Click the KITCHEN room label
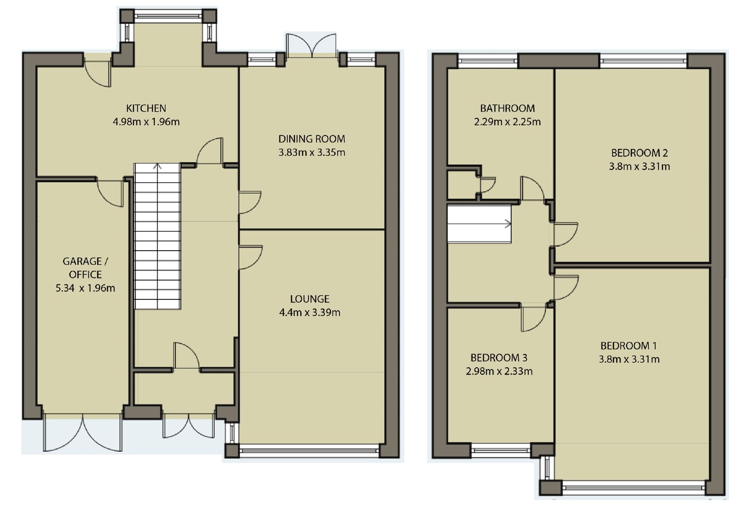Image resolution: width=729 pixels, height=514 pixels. pyautogui.click(x=146, y=108)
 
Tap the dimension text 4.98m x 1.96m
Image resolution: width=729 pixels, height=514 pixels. pyautogui.click(x=146, y=122)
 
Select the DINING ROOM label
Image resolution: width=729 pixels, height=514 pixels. pyautogui.click(x=312, y=139)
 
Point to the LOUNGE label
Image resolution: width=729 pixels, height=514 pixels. pyautogui.click(x=309, y=299)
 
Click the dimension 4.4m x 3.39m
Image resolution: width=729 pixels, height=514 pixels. pyautogui.click(x=309, y=313)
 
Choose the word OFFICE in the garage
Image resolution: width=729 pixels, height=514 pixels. pyautogui.click(x=85, y=275)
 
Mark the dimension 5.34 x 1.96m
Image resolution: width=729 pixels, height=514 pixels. pyautogui.click(x=85, y=288)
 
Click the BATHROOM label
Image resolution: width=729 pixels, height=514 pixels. pyautogui.click(x=508, y=108)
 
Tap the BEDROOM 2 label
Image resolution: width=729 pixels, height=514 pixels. pyautogui.click(x=640, y=153)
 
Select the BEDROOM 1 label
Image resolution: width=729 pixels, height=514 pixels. pyautogui.click(x=629, y=346)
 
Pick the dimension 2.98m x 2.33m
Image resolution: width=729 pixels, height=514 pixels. pyautogui.click(x=499, y=371)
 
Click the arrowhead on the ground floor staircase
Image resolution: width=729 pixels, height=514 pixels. pyautogui.click(x=158, y=166)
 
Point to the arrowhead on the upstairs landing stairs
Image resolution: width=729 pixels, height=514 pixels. pyautogui.click(x=508, y=224)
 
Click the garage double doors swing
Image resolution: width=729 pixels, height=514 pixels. pyautogui.click(x=82, y=432)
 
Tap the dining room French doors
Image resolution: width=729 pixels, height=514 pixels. pyautogui.click(x=312, y=45)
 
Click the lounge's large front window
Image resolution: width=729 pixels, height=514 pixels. pyautogui.click(x=309, y=451)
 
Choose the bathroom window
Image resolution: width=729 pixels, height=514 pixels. pyautogui.click(x=488, y=61)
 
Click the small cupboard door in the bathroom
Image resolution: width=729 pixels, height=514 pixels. pyautogui.click(x=488, y=185)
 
